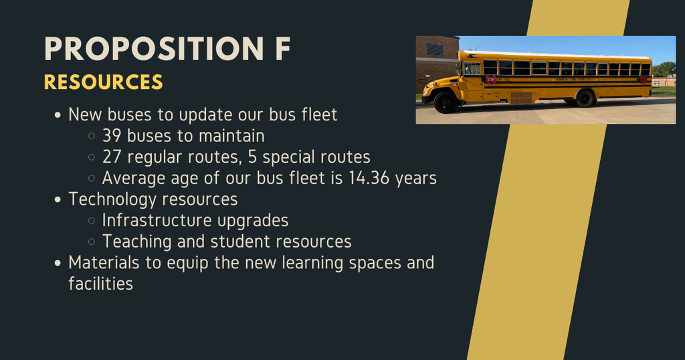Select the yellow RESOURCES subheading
[103, 82]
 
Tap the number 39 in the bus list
[112, 136]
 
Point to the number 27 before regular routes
[112, 157]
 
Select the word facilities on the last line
[100, 284]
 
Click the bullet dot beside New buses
[58, 115]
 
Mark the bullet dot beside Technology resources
[58, 200]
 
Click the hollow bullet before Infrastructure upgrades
[92, 221]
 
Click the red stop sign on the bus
[491, 79]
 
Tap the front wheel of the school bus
[446, 102]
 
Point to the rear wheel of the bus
[585, 98]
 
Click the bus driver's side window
[473, 68]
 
